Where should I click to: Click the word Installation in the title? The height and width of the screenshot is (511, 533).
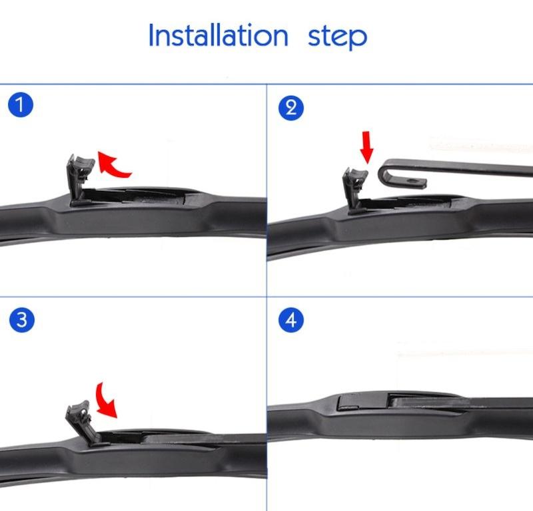coord(219,35)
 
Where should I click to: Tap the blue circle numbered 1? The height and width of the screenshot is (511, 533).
coord(21,104)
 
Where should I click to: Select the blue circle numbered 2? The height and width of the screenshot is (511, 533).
coord(291,108)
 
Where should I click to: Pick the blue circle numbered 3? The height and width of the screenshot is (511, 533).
coord(22,320)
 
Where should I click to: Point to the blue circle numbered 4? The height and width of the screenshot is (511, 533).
coord(291,320)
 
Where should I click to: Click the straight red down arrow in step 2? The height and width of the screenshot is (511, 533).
coord(367,146)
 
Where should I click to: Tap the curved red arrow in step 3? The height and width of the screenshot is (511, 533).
coord(105,400)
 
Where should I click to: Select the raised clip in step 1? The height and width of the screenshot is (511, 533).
coord(79,180)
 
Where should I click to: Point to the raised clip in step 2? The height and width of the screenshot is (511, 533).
coord(354,190)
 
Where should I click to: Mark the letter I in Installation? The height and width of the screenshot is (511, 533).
coord(151,35)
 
